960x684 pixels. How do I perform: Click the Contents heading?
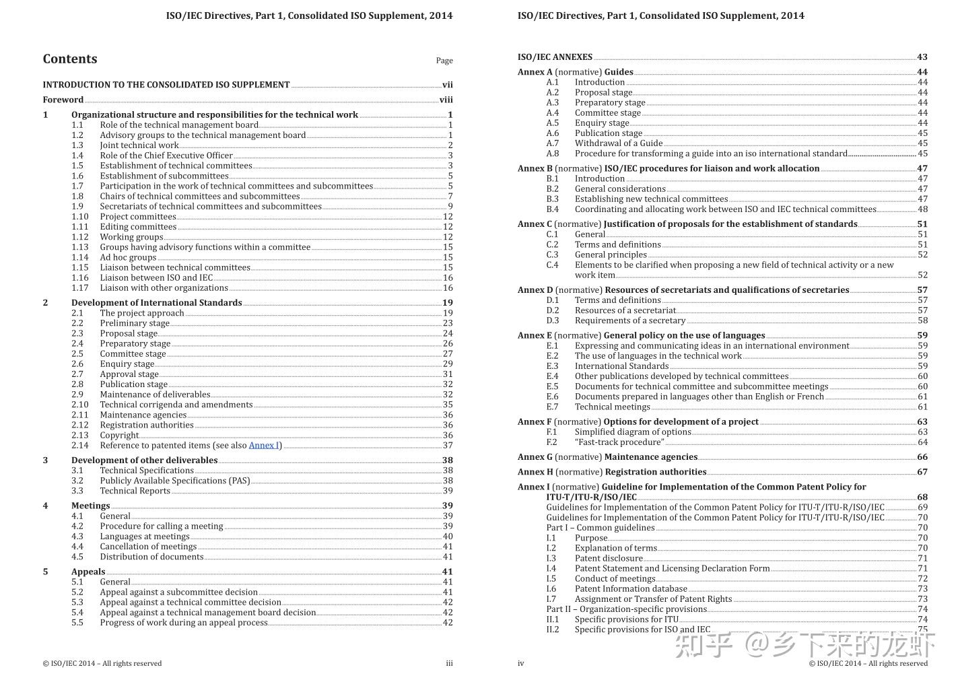point(70,59)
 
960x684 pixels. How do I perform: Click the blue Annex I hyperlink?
point(264,445)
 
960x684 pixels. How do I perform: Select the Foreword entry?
point(63,100)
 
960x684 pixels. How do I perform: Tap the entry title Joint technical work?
point(139,145)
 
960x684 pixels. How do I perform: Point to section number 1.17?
point(80,287)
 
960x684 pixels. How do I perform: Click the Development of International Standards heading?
point(156,303)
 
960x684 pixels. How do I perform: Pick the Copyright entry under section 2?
point(119,435)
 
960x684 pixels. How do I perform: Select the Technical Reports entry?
point(135,491)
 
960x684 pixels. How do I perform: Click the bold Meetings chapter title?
point(90,506)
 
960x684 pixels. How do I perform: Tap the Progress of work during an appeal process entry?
point(184,623)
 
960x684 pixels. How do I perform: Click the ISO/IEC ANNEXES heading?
point(555,57)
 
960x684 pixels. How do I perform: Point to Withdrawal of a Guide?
point(618,143)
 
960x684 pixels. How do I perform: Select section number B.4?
point(552,209)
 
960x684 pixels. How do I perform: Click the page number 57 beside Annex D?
point(922,290)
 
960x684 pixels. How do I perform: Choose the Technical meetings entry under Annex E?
point(612,407)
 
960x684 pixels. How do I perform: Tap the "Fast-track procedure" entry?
point(619,442)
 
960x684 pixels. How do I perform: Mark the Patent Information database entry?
point(621,588)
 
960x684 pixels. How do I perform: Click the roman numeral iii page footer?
point(449,663)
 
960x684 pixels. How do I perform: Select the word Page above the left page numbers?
point(444,61)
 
